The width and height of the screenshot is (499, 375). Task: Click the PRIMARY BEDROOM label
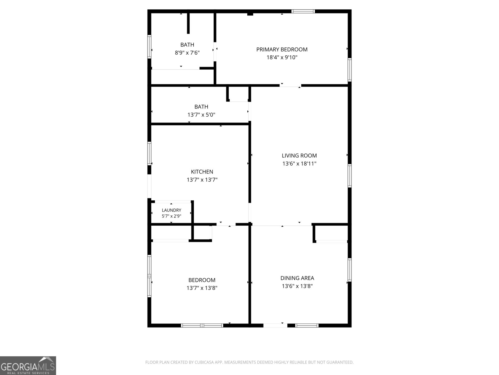pyautogui.click(x=282, y=49)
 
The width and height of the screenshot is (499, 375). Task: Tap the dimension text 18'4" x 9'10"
pyautogui.click(x=282, y=57)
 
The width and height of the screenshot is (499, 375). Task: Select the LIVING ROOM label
pyautogui.click(x=299, y=156)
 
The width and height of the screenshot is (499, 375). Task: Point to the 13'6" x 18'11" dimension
pyautogui.click(x=299, y=163)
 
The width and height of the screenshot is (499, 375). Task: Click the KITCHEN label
pyautogui.click(x=202, y=172)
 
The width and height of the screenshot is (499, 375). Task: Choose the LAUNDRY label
pyautogui.click(x=172, y=210)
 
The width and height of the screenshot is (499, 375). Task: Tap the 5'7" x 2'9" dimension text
pyautogui.click(x=172, y=216)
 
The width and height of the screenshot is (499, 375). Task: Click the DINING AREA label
pyautogui.click(x=297, y=278)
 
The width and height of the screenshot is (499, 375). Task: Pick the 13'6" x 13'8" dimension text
pyautogui.click(x=297, y=286)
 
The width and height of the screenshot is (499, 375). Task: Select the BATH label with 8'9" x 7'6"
pyautogui.click(x=187, y=45)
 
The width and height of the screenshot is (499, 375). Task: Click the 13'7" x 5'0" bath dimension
pyautogui.click(x=201, y=114)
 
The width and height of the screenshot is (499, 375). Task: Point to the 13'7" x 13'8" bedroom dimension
pyautogui.click(x=202, y=288)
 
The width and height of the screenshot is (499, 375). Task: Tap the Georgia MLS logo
pyautogui.click(x=28, y=365)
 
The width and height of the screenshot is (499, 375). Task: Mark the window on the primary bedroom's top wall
pyautogui.click(x=303, y=11)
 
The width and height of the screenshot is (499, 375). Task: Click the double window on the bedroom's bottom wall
pyautogui.click(x=202, y=325)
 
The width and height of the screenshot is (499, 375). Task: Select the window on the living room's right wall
pyautogui.click(x=350, y=176)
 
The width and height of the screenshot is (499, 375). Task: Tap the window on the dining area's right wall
pyautogui.click(x=350, y=270)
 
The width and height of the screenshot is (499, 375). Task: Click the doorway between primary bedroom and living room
pyautogui.click(x=290, y=85)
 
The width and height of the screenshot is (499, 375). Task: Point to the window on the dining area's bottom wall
pyautogui.click(x=307, y=325)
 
